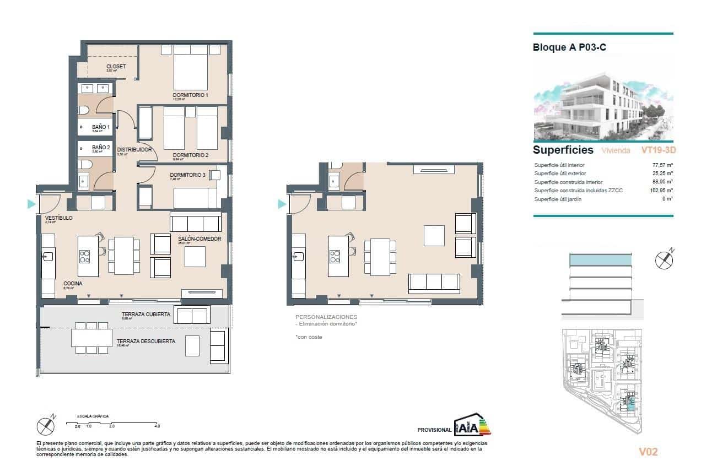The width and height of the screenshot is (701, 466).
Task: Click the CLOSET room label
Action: (x=116, y=67)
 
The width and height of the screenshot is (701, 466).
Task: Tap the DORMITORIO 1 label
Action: (x=191, y=95)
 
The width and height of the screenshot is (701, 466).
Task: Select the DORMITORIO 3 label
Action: (x=187, y=176)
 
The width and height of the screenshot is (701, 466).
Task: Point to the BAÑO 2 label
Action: (x=101, y=148)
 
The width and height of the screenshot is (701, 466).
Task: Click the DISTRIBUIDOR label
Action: (x=134, y=149)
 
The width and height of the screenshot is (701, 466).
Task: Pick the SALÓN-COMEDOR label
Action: (x=199, y=239)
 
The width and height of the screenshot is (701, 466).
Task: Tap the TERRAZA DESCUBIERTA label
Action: (x=146, y=342)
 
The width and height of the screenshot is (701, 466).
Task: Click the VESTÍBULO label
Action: (x=58, y=218)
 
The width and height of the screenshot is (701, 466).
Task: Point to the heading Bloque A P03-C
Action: (x=569, y=47)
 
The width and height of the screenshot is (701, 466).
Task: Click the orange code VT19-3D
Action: (x=659, y=150)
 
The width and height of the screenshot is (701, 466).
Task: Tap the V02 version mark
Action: (x=648, y=452)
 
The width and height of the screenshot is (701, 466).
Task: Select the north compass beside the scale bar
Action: (x=46, y=425)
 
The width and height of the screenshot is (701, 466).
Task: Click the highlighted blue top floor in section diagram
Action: (x=599, y=259)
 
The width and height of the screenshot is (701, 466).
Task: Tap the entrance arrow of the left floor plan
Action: (x=31, y=204)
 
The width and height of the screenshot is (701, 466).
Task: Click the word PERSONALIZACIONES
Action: (x=326, y=317)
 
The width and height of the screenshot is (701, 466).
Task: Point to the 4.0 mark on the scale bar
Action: (x=157, y=426)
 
